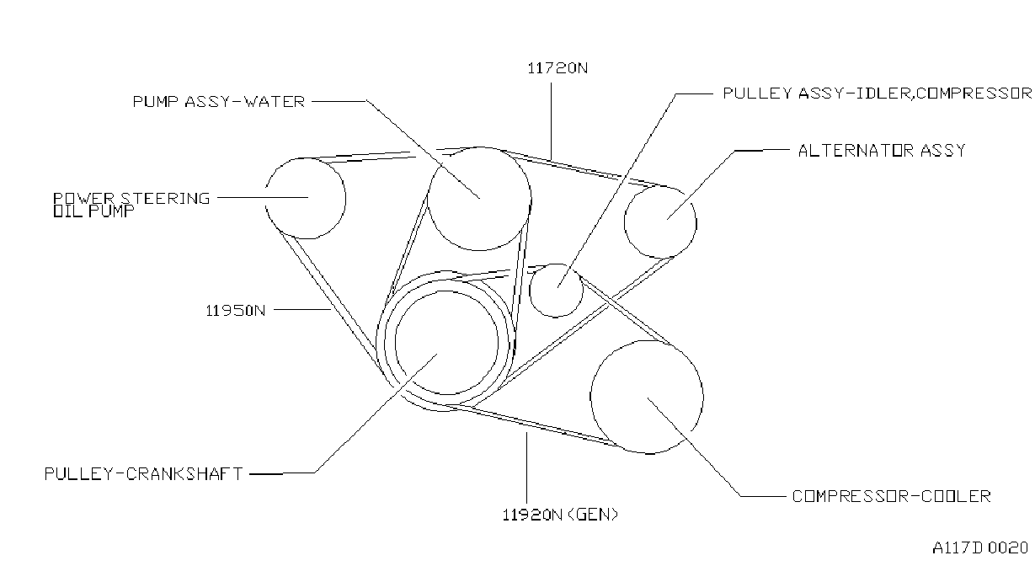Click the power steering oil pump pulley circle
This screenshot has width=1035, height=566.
click(x=345, y=199)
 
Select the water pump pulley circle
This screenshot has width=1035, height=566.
click(x=531, y=199)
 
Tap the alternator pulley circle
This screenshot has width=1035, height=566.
click(x=696, y=222)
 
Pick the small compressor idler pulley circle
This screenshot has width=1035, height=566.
click(x=583, y=291)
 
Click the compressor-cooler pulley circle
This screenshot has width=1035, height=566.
click(x=703, y=398)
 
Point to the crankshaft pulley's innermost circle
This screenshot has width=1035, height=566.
click(x=498, y=343)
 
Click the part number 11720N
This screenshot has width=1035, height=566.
click(x=558, y=68)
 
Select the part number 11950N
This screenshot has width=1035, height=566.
click(x=236, y=311)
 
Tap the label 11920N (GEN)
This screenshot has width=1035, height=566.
click(x=560, y=515)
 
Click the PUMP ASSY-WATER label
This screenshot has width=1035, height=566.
click(x=219, y=102)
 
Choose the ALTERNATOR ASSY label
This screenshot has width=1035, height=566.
click(x=882, y=151)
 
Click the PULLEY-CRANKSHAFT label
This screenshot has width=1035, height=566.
click(x=143, y=474)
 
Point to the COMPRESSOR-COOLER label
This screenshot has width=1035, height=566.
click(x=892, y=496)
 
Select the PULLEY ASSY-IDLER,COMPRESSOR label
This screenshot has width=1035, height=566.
click(x=877, y=93)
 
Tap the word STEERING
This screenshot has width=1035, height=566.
click(x=165, y=198)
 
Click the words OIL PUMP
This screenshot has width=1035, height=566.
click(x=93, y=211)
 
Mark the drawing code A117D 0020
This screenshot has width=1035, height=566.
click(x=980, y=548)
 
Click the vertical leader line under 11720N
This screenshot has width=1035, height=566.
click(x=551, y=121)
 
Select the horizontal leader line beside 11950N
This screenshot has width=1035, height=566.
click(x=302, y=310)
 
